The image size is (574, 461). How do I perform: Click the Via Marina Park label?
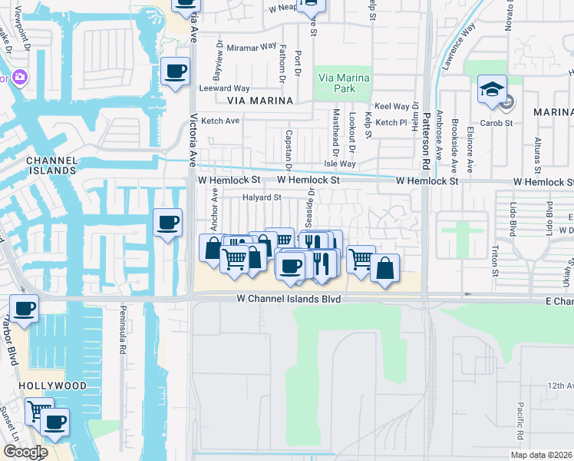point(343,83)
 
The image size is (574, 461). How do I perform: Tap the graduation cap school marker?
point(491,91)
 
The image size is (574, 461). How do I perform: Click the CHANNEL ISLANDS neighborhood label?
point(51,166)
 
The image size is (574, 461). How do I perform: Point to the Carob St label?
point(496,122)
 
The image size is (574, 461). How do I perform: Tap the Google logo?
point(25,452)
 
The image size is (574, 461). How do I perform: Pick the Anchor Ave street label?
point(215,206)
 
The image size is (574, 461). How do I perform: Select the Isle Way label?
point(340,164)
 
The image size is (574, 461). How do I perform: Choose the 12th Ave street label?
point(560,386)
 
